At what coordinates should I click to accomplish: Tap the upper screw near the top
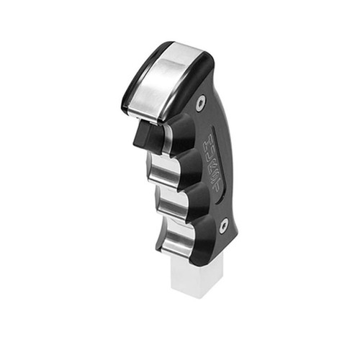click(x=199, y=105)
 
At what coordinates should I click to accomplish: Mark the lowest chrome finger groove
click(x=177, y=243)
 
